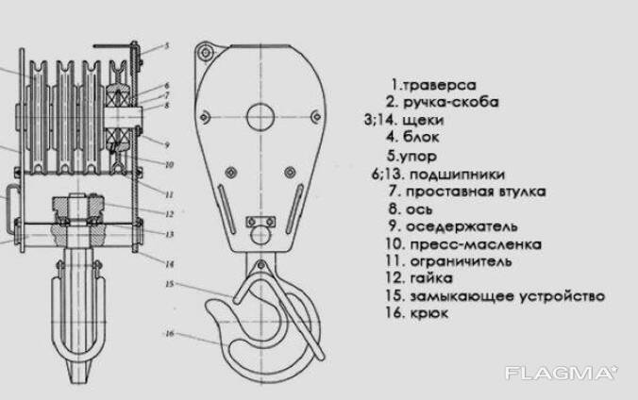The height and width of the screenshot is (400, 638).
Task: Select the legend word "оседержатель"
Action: point(463,226)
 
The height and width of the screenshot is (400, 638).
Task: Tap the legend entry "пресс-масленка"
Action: point(476,244)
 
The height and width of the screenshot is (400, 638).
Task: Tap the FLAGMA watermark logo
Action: point(562,374)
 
